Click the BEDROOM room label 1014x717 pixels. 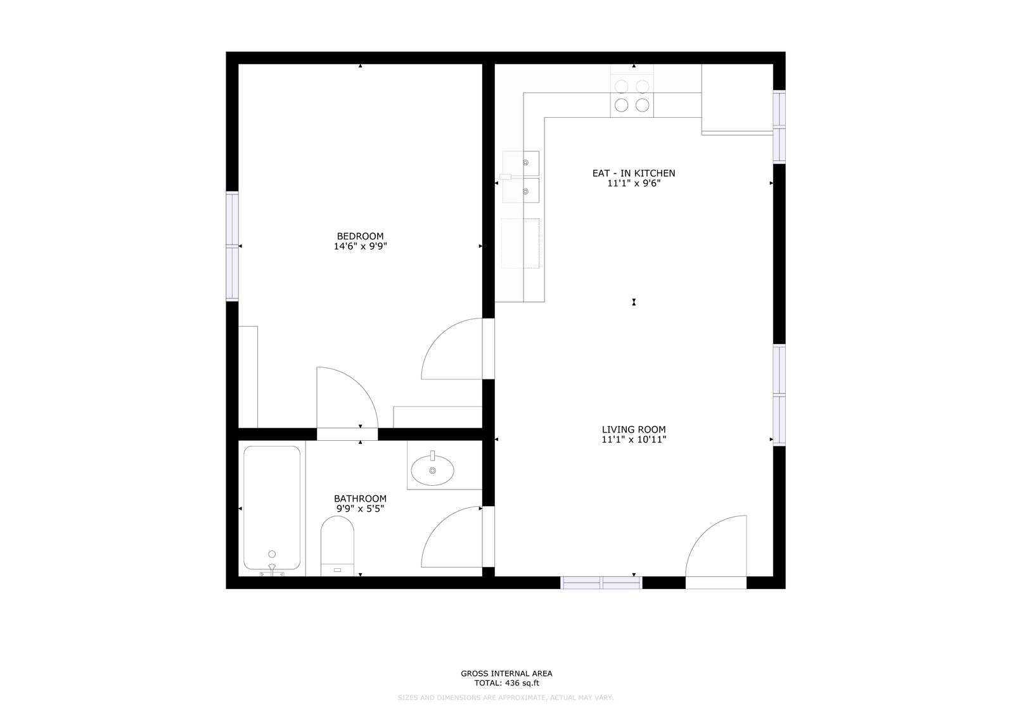[x=360, y=236]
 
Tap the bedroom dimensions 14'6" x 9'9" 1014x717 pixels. [x=361, y=246]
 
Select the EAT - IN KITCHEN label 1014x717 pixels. [x=634, y=174]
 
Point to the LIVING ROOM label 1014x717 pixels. [x=634, y=429]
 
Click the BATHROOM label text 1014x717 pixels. [x=361, y=498]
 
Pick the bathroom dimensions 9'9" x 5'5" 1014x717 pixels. [x=361, y=509]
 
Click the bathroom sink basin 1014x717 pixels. [x=432, y=470]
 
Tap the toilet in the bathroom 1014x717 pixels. [x=337, y=546]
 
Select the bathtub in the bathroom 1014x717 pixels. [x=272, y=508]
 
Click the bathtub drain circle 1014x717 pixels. [x=272, y=554]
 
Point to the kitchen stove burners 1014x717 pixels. [x=632, y=96]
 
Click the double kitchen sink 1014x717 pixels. [x=520, y=177]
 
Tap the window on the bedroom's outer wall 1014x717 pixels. [x=232, y=246]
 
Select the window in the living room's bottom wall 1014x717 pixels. [x=601, y=583]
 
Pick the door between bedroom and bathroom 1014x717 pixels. [x=347, y=397]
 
